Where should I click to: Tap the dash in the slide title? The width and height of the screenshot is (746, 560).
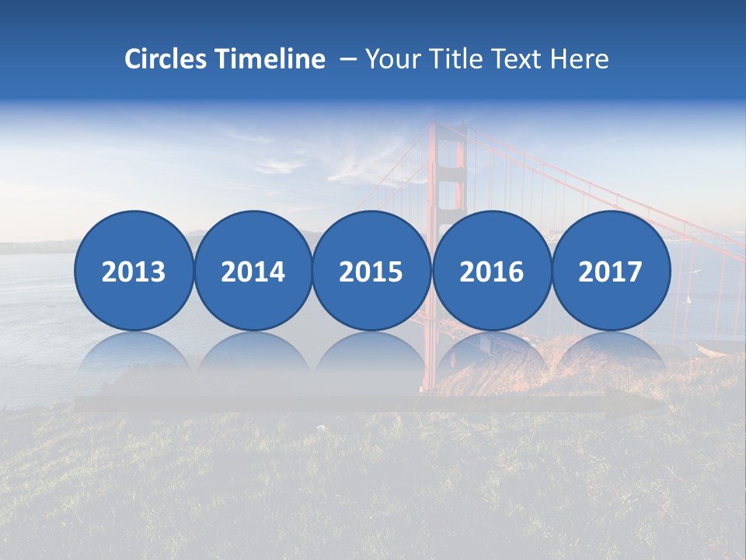[348, 60]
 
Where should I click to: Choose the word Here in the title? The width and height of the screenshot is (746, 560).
[579, 59]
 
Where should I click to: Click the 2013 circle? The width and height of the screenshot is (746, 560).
[134, 271]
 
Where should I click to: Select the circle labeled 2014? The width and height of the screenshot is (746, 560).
[253, 271]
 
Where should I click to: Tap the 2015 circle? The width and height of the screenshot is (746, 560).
[371, 271]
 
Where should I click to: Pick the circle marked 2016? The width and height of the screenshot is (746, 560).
[491, 271]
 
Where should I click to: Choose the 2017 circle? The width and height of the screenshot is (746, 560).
[610, 271]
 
